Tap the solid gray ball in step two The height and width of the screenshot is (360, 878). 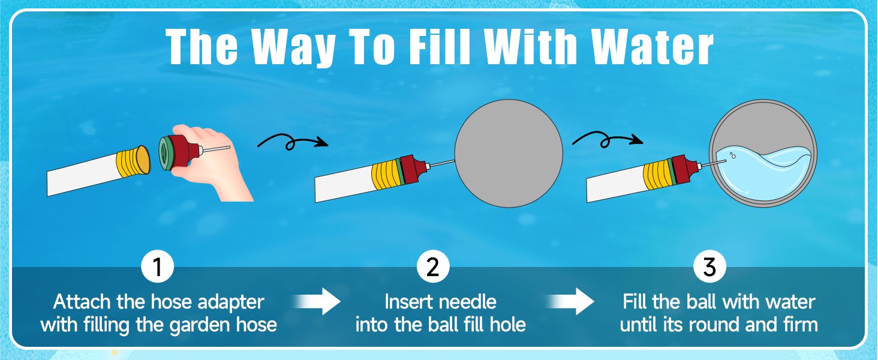(509, 153)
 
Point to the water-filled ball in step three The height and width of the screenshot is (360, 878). (762, 153)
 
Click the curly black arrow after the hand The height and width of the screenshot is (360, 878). (292, 142)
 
